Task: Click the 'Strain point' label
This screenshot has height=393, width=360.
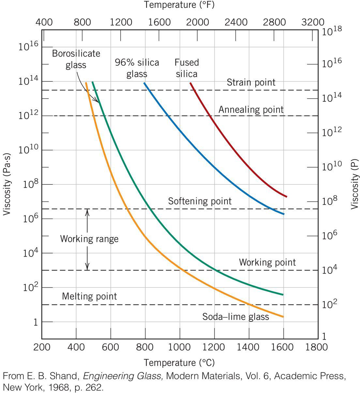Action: click(x=251, y=82)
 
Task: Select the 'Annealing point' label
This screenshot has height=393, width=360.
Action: click(x=251, y=109)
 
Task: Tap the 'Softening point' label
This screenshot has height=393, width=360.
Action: click(x=200, y=201)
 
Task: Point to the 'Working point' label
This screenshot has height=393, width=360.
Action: click(x=267, y=262)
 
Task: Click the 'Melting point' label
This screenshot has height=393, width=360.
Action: click(x=89, y=296)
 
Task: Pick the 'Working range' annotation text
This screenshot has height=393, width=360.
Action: click(x=89, y=239)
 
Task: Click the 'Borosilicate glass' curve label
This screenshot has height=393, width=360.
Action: click(x=76, y=59)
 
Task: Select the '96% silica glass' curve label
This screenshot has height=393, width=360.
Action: click(x=137, y=68)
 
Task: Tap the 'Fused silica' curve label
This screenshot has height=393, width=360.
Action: click(x=187, y=68)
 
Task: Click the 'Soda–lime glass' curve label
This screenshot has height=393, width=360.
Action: click(x=236, y=317)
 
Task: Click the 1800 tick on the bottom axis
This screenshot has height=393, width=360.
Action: click(x=317, y=347)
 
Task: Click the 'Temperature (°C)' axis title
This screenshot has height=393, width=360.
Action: click(x=179, y=363)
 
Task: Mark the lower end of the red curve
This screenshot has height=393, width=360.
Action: click(x=286, y=196)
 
